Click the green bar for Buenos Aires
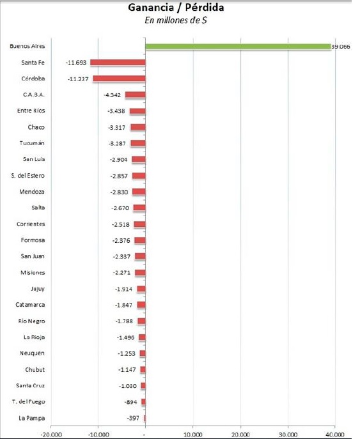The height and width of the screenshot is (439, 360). (238, 47)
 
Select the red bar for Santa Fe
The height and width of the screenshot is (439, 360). (118, 63)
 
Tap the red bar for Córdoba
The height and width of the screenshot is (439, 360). (120, 79)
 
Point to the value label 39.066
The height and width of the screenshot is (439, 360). (341, 47)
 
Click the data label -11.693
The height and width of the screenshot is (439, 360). (76, 63)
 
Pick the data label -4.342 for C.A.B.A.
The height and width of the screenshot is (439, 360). (112, 95)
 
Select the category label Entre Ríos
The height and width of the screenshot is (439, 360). (31, 111)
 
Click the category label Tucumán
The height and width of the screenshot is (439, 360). (32, 143)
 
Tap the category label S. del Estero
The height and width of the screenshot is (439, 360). (27, 176)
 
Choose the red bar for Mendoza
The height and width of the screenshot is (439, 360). (139, 192)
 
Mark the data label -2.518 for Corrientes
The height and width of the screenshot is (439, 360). (121, 224)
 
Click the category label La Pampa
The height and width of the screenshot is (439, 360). (32, 419)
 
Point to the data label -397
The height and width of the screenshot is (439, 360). (133, 419)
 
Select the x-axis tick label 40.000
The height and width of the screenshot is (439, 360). (335, 435)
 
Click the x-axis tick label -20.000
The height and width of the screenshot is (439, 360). (51, 435)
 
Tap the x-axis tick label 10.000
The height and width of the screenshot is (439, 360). (193, 435)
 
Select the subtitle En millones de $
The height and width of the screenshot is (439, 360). (176, 20)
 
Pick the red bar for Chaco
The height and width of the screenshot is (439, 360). (138, 127)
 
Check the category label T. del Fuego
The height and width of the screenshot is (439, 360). (29, 402)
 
